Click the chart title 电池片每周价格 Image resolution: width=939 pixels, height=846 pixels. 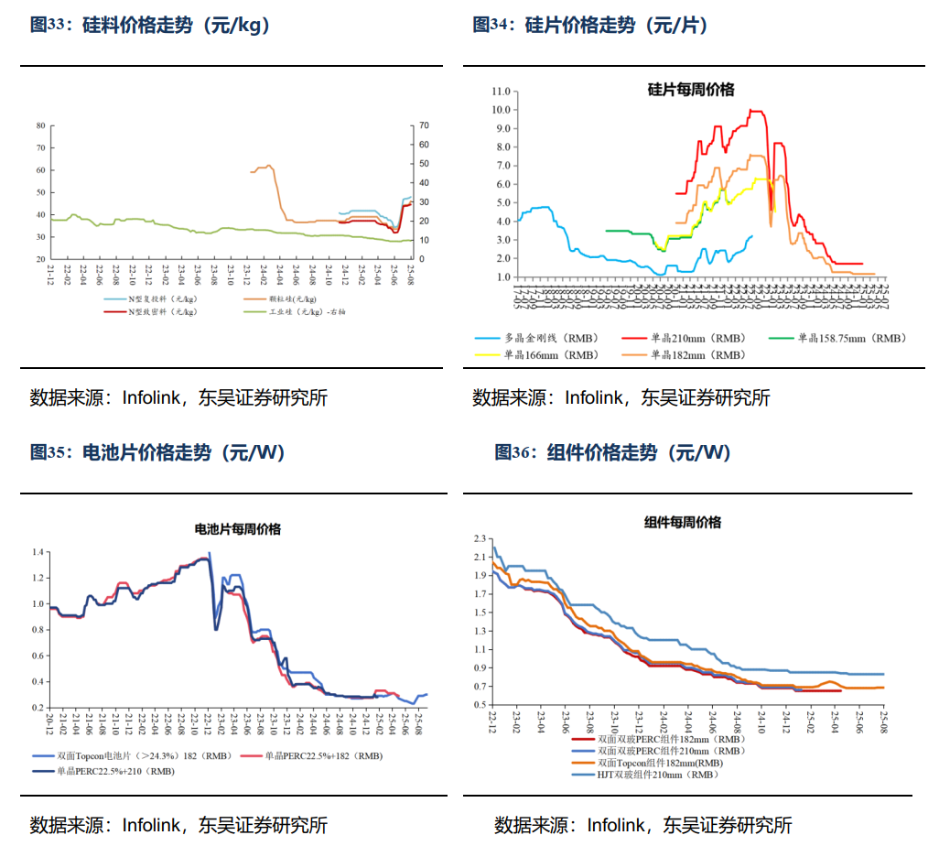click(x=238, y=529)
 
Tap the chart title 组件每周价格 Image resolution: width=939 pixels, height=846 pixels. click(x=682, y=522)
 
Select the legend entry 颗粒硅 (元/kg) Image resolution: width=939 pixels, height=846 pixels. click(x=294, y=299)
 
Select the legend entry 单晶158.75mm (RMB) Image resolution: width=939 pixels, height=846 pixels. click(x=850, y=338)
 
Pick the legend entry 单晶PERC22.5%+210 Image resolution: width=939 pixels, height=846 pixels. click(x=115, y=771)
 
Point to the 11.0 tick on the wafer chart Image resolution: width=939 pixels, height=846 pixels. click(x=501, y=92)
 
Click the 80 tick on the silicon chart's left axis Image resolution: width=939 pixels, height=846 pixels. click(x=40, y=125)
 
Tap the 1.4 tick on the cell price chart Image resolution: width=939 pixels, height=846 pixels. click(x=38, y=552)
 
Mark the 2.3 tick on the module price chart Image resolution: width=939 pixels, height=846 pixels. click(x=480, y=538)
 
